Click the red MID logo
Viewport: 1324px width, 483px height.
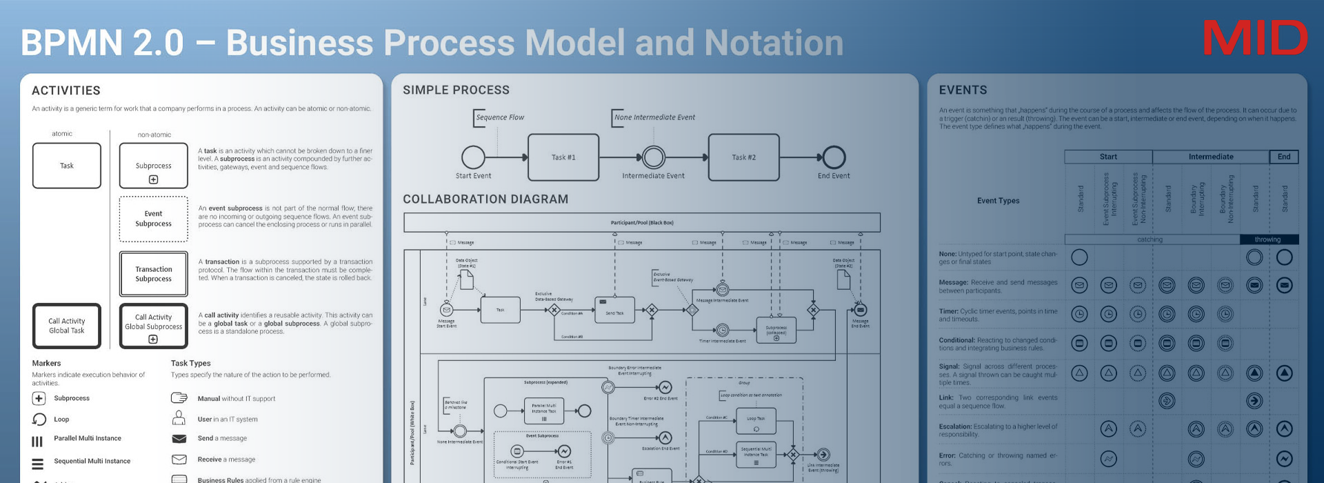tap(1254, 38)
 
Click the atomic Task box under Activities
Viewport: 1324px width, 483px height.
tap(67, 166)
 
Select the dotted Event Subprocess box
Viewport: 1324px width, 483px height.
tap(153, 219)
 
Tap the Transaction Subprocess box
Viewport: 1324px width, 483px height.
tap(153, 274)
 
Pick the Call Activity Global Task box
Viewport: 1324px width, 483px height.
tap(67, 326)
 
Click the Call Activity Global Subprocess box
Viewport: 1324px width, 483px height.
tap(153, 326)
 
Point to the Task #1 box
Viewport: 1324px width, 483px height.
tap(563, 157)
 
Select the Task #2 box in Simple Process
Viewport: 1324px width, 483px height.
tap(743, 157)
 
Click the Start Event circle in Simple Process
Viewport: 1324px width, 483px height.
tap(473, 157)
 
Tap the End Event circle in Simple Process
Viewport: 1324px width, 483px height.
tap(834, 157)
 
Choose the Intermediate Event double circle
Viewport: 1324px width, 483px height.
tap(653, 157)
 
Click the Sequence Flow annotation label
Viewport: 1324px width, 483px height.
tap(500, 117)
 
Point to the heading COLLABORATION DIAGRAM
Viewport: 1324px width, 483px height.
tap(485, 199)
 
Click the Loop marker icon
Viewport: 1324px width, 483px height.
tap(39, 419)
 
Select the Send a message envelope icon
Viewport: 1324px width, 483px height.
tap(179, 439)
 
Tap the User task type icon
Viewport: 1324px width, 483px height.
tap(179, 418)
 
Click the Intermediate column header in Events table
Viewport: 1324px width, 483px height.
tap(1210, 157)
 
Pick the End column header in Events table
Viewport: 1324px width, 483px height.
tap(1283, 157)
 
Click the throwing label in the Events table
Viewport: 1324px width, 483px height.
tap(1267, 239)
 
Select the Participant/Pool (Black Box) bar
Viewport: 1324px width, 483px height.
tap(641, 223)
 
